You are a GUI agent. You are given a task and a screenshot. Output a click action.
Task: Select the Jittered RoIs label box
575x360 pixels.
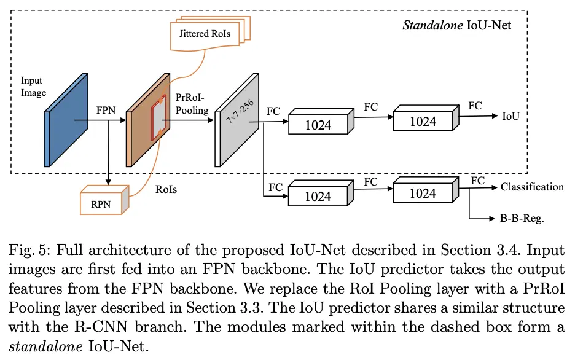205,33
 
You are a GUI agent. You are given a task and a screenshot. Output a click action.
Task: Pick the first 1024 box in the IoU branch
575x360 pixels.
318,125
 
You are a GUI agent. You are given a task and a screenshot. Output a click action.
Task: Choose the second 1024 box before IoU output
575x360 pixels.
423,121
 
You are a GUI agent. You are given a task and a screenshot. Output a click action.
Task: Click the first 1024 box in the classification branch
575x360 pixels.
318,197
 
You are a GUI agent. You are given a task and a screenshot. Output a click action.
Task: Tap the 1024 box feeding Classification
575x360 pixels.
423,193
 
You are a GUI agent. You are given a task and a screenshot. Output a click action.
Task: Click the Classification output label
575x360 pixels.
532,187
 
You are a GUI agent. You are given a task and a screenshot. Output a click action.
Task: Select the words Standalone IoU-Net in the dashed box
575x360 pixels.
465,25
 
